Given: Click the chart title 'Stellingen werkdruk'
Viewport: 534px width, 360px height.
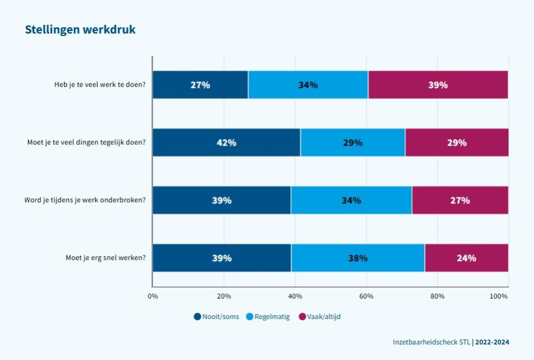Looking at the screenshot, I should tap(80, 29).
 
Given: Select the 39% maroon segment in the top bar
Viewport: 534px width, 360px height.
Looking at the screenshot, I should tap(438, 85).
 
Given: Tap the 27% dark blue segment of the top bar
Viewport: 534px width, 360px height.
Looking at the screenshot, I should tap(200, 85).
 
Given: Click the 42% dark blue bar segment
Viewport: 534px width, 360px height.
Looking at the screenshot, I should tap(226, 142).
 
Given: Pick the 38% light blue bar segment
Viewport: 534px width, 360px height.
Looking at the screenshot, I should tap(358, 258).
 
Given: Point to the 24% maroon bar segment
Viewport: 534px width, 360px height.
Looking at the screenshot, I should tap(466, 258).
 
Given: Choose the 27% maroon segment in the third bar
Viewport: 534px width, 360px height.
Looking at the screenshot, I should tap(460, 200).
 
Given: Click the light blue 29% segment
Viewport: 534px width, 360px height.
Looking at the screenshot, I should tap(352, 142).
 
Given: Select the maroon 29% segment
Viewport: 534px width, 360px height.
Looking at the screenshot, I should tap(456, 142).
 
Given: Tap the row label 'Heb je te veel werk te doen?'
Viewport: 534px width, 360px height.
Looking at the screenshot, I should tap(99, 85).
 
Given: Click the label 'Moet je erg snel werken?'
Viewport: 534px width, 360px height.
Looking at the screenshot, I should tap(106, 257).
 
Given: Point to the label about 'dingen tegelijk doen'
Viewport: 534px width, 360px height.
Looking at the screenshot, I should tap(86, 142).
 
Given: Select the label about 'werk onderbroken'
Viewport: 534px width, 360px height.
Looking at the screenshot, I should tap(85, 200).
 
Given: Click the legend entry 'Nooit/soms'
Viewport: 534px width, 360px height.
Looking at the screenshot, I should tap(216, 316).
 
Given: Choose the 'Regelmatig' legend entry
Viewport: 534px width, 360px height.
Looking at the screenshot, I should tap(269, 316).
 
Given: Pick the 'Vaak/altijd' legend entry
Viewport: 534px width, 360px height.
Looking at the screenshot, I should tap(320, 316).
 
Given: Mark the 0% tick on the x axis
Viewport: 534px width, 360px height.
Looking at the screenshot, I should tap(152, 297).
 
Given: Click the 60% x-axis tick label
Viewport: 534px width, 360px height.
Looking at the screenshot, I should tap(366, 297).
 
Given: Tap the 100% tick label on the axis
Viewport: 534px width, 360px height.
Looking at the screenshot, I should tap(499, 297).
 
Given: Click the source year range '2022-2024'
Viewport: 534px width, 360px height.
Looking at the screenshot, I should tap(496, 342).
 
